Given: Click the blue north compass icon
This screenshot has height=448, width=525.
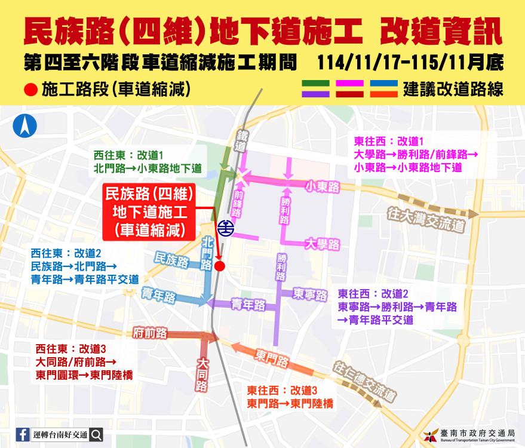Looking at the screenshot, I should [25, 125].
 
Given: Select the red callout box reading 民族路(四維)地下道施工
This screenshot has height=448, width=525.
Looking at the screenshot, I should [149, 211].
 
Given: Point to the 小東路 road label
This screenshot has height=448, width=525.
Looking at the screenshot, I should [322, 187].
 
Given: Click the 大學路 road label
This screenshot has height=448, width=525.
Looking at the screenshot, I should [321, 244].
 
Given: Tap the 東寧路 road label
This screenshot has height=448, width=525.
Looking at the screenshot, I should [311, 294].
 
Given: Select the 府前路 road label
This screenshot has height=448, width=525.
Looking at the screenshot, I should [151, 333].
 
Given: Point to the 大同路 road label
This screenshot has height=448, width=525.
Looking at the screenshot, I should [202, 375].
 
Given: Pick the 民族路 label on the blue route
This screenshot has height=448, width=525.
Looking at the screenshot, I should [171, 260].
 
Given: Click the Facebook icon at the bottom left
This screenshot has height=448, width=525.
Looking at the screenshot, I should [23, 434].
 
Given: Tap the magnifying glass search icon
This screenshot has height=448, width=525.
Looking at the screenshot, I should [97, 434].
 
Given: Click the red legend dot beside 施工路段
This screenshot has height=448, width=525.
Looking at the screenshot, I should [29, 90].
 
